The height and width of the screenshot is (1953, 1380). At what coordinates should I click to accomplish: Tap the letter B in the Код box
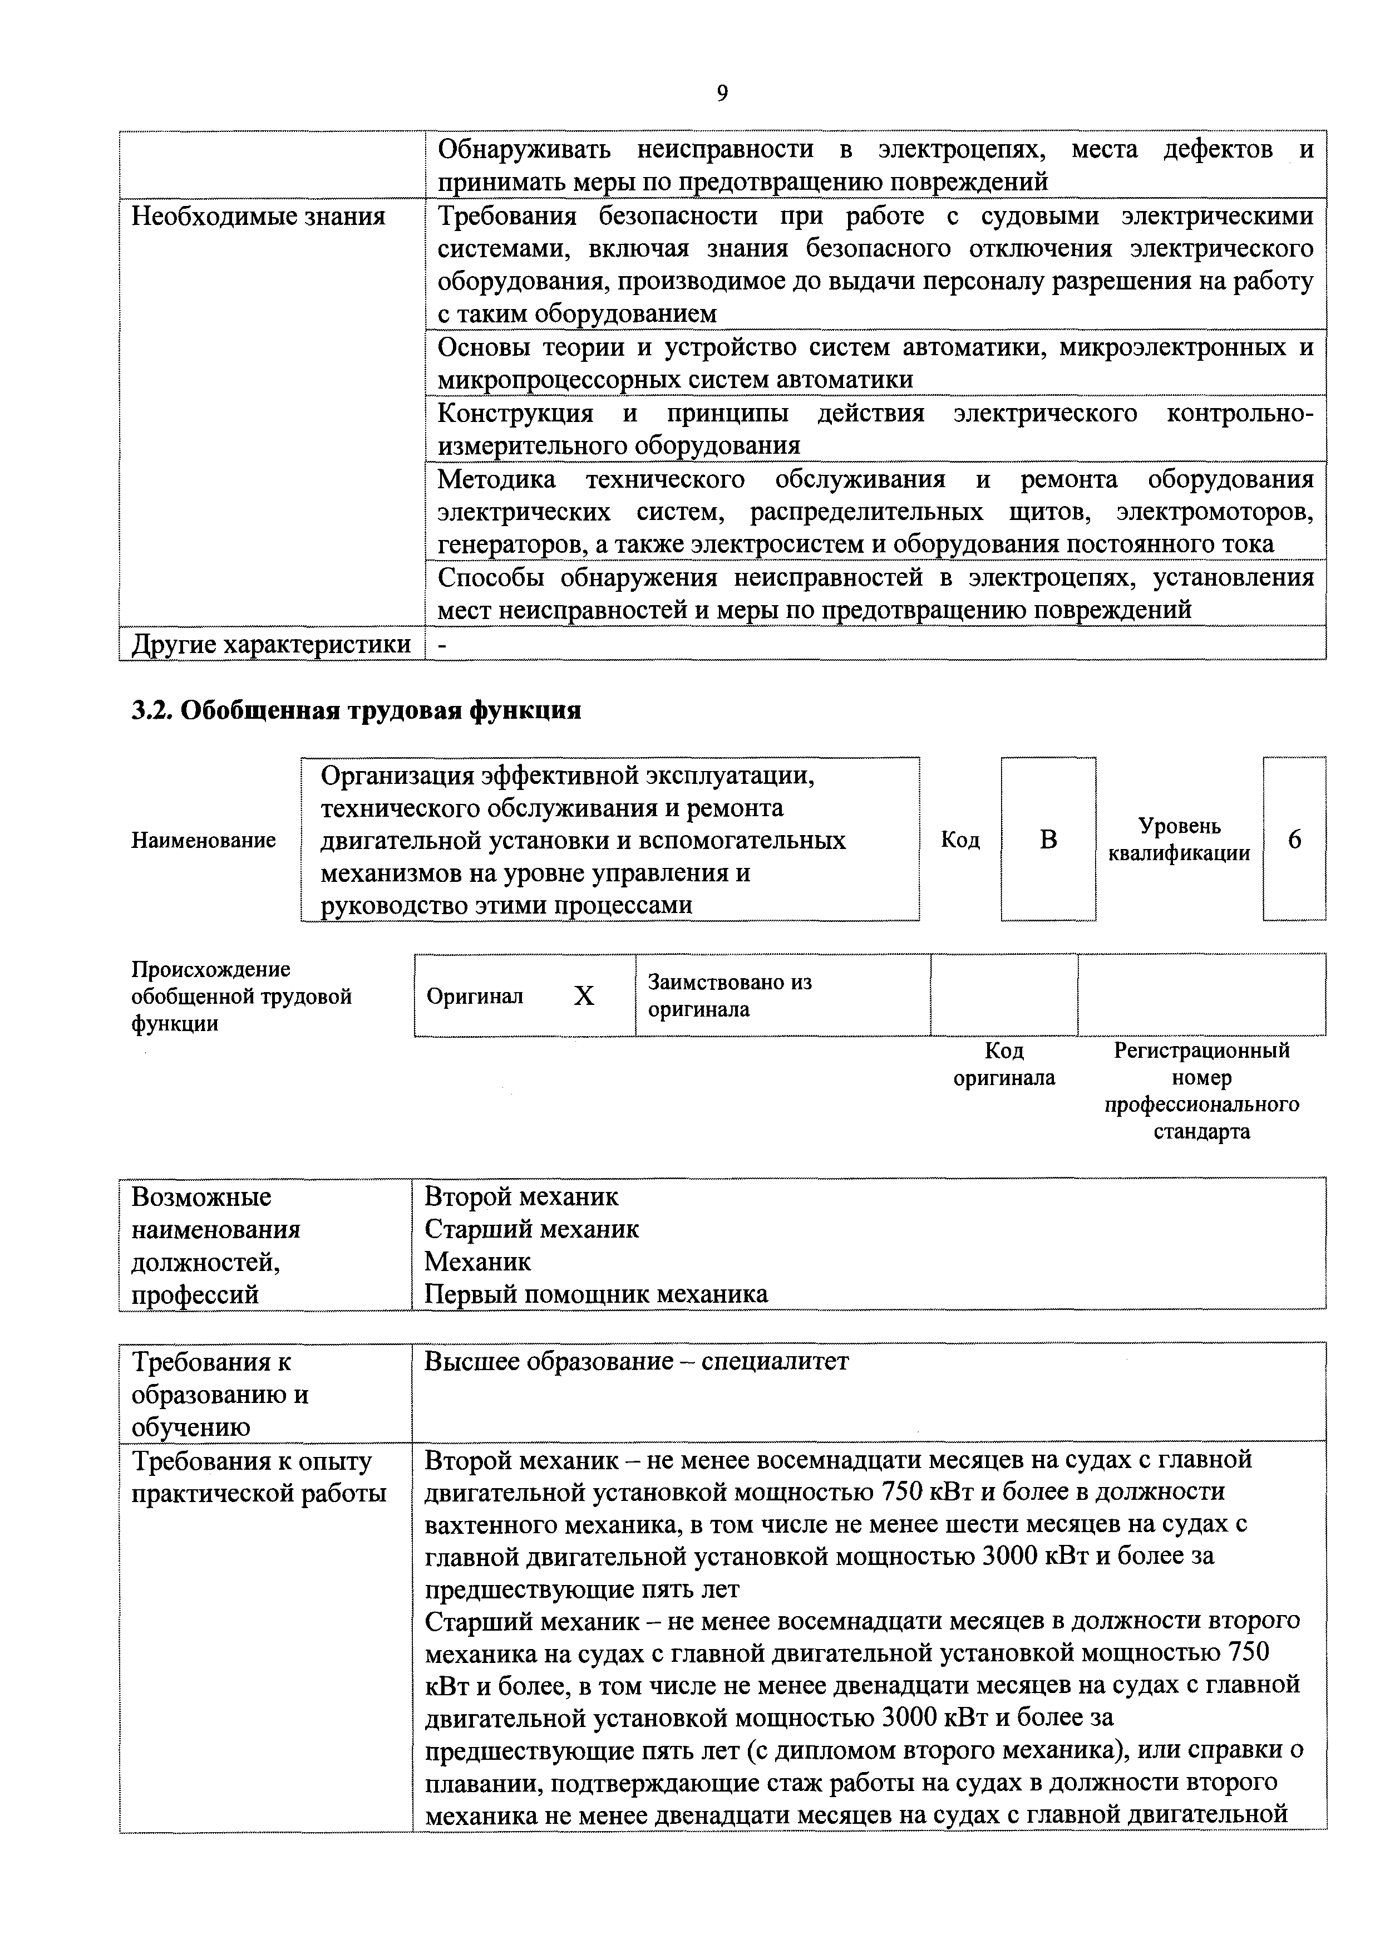(1048, 840)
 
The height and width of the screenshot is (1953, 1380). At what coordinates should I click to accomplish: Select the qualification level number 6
(1294, 840)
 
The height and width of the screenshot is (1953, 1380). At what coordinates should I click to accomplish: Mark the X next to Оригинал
(583, 996)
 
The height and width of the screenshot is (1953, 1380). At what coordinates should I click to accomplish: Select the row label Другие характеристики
(270, 644)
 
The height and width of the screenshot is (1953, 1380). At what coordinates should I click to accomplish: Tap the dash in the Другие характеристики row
(441, 645)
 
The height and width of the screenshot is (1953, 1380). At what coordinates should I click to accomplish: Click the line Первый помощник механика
(595, 1294)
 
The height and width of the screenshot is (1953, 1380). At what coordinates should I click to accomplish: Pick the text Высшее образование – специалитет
(636, 1361)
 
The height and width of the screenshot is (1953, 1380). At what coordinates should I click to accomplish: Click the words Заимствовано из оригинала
(730, 995)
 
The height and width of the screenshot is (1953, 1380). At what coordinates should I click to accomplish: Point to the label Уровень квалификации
(1179, 840)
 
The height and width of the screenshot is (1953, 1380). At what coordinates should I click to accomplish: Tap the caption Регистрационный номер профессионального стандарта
(1201, 1091)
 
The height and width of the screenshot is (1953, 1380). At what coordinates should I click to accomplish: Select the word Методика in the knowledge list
(496, 480)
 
